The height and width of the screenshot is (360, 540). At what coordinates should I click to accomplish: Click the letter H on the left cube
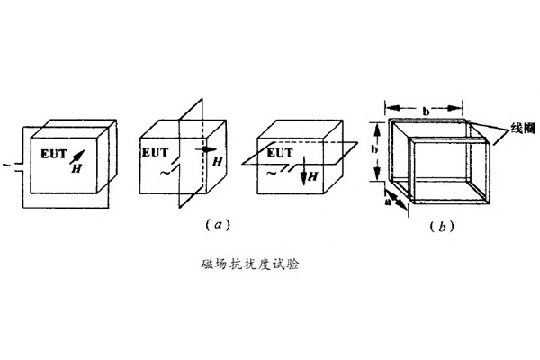coord(76,168)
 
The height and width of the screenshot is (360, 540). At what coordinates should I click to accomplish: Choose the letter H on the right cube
coord(313,177)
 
